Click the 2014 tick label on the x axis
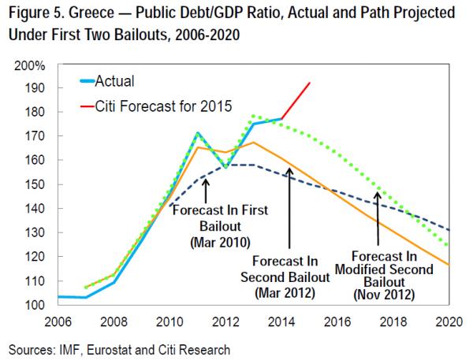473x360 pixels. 280,322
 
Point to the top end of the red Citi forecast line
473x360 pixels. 310,82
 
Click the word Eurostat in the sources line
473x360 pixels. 116,346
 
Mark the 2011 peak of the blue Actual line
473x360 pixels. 198,133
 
